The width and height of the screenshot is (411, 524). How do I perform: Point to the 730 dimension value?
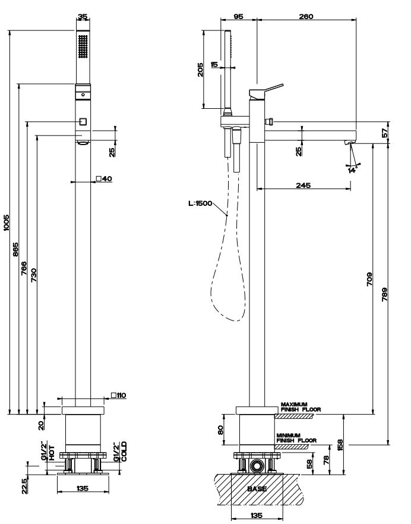coord(33,274)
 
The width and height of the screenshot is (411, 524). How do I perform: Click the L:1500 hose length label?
coord(200,203)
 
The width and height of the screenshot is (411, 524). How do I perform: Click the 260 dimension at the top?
coord(306,16)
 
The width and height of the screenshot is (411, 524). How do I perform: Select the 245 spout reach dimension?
coord(303,185)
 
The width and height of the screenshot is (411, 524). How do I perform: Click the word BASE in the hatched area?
coord(257,489)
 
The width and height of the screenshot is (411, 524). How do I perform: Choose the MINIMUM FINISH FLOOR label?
coord(296,438)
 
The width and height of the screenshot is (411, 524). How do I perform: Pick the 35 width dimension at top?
coord(83,17)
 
